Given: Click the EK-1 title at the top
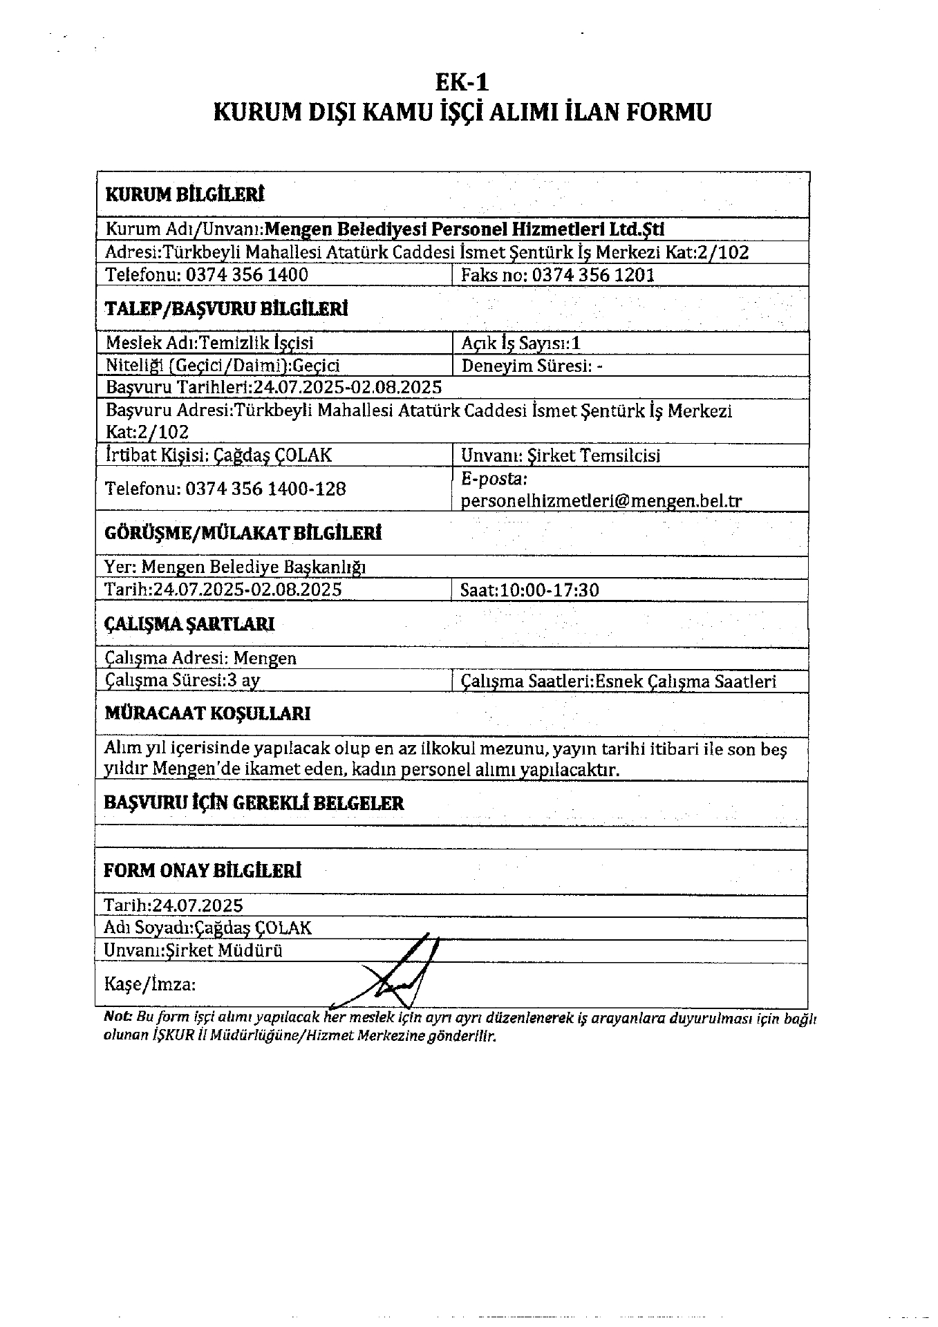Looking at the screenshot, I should [462, 83].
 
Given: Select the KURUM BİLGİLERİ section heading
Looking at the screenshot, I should [185, 194].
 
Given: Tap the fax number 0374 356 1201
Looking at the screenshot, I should [594, 275].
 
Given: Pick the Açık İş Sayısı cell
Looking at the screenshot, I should [521, 343].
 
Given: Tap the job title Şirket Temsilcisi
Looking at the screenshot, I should [594, 455].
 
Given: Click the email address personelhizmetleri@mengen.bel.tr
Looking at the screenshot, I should [601, 500].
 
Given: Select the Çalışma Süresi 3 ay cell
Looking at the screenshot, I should [182, 680].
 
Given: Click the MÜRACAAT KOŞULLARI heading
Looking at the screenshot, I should [207, 713].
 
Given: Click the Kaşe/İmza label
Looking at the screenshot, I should [149, 983].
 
